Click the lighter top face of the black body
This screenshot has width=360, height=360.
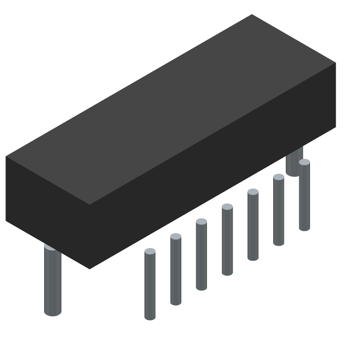171,108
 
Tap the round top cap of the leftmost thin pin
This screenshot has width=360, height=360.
150,251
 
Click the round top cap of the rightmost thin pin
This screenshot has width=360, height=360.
304,162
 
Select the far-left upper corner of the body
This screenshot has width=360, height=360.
6,157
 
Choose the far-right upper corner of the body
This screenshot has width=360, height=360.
336,63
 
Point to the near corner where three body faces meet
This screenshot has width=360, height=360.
89,204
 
